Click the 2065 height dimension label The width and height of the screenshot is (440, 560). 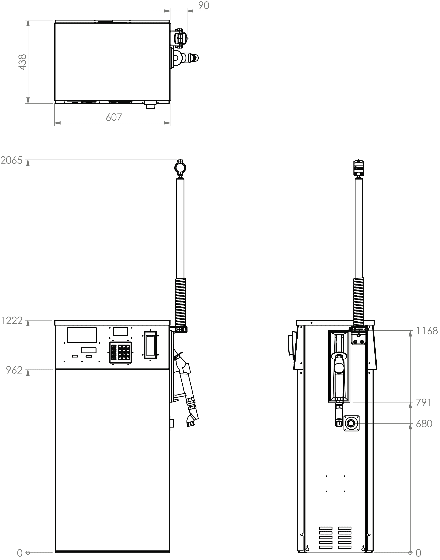coord(12,160)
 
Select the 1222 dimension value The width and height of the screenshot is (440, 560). coord(12,321)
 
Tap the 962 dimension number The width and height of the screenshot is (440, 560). coord(14,370)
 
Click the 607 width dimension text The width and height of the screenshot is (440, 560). coord(114,117)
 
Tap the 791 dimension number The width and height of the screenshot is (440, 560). coord(424,402)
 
